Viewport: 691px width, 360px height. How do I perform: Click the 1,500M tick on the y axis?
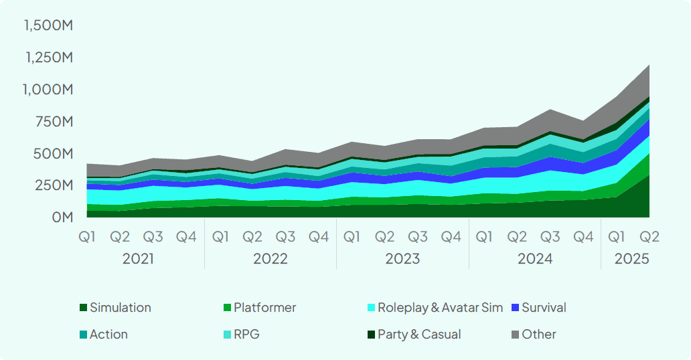[48, 25]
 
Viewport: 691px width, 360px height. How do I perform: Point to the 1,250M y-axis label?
[48, 58]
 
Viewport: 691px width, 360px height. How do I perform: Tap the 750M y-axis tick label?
[54, 121]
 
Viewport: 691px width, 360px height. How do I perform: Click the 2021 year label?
[138, 259]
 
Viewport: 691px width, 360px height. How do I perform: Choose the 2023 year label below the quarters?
[402, 259]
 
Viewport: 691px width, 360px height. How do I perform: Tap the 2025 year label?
[633, 259]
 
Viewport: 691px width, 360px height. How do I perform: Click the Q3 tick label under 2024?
[550, 237]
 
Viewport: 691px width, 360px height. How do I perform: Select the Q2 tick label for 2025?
[649, 237]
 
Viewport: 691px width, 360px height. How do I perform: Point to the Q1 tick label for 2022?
[220, 237]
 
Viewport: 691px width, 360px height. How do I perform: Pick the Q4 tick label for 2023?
[451, 237]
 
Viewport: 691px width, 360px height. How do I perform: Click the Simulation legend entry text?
[121, 308]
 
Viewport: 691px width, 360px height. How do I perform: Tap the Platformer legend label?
[264, 308]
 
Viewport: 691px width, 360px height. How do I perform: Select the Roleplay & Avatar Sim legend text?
[440, 308]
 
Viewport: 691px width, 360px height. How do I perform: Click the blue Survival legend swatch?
[515, 308]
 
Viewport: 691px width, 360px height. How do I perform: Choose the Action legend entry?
[108, 335]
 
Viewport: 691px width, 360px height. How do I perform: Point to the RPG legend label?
[246, 335]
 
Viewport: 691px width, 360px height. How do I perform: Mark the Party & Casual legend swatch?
[371, 335]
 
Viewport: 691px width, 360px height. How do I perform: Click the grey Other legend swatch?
[515, 335]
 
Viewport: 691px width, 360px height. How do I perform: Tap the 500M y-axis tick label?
[53, 153]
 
